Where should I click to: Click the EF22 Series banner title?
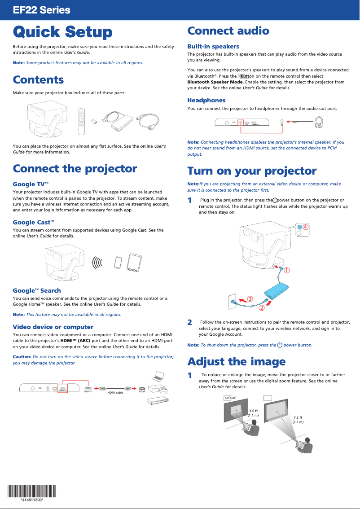pos(41,10)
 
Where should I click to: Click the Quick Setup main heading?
pos(62,32)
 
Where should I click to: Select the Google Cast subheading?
pos(33,222)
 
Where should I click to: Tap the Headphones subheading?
pos(206,100)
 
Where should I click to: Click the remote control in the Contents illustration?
pos(81,121)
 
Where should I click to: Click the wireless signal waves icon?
pos(97,263)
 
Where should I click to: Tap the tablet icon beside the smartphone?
pos(134,263)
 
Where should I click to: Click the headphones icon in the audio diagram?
pos(318,121)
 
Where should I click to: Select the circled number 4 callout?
pos(305,227)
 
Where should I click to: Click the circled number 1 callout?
pos(285,270)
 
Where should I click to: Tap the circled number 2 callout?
pos(262,307)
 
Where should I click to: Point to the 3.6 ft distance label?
pos(253,413)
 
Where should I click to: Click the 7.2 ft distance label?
pos(298,420)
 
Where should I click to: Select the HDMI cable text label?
pos(115,392)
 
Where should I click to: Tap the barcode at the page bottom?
pos(32,492)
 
